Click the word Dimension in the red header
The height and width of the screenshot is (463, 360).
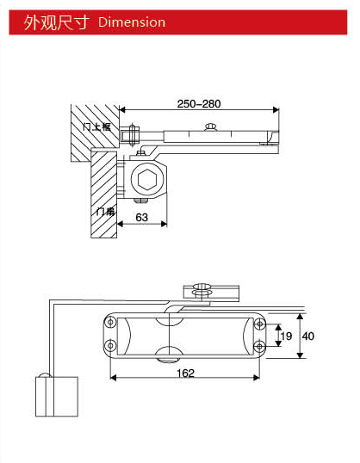click(132, 22)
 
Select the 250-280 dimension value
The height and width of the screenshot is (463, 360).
click(199, 104)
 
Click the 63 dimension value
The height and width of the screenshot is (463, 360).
click(138, 219)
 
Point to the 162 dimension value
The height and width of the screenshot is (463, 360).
click(183, 373)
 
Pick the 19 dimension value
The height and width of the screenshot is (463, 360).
click(286, 335)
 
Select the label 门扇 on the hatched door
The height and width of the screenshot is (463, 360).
click(104, 210)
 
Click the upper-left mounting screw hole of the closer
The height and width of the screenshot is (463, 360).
click(110, 323)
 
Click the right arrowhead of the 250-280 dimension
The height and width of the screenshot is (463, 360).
click(276, 110)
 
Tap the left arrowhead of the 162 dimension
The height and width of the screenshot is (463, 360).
click(113, 377)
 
